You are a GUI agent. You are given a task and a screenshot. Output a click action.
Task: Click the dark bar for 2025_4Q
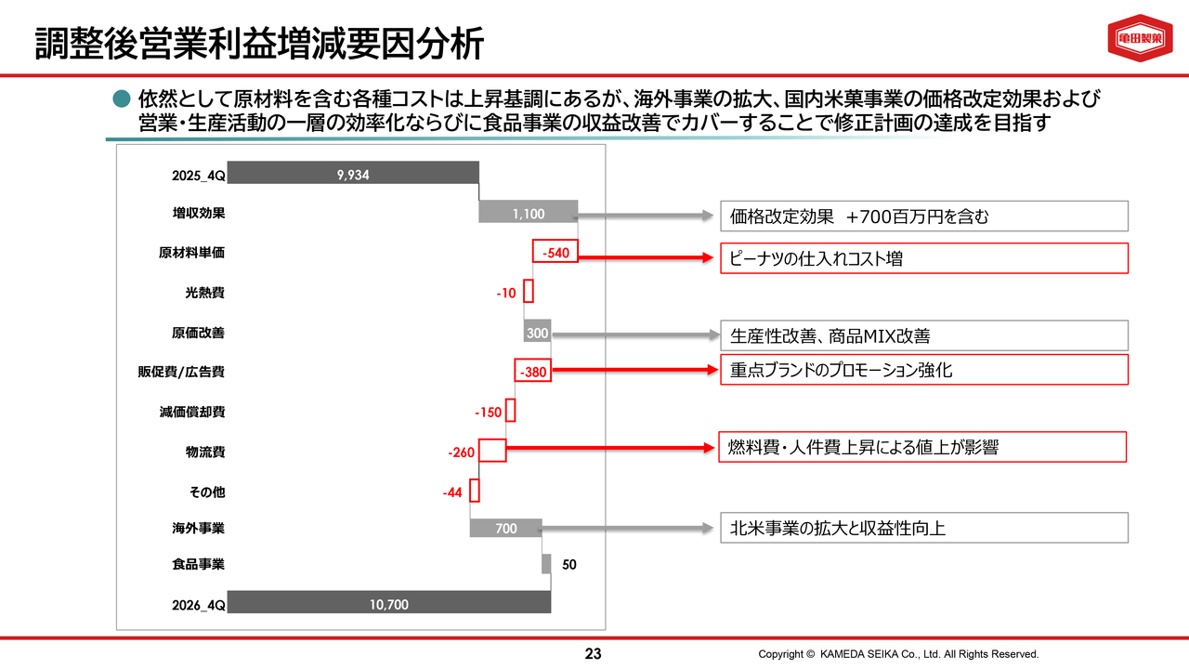coord(353,173)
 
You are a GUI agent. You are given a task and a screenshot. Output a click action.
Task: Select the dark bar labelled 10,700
coord(389,602)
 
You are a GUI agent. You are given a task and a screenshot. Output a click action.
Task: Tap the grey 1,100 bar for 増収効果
coord(529,211)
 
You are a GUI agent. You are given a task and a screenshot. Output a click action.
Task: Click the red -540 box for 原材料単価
coord(555,251)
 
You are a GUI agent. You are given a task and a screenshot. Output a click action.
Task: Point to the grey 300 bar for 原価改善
coord(537,331)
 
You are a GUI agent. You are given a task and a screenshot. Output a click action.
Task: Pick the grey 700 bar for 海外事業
coord(506,528)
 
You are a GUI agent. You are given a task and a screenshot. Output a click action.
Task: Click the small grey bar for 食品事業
coord(546,564)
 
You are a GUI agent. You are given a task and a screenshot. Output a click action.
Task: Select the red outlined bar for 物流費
coord(492,451)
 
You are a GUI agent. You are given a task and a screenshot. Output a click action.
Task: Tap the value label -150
coord(488,413)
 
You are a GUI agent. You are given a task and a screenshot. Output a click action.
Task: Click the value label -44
coord(452,492)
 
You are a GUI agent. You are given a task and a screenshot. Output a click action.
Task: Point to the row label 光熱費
coord(205,293)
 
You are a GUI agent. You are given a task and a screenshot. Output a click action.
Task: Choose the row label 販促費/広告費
coord(181,372)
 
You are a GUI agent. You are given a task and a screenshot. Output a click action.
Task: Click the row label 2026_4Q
coord(199,605)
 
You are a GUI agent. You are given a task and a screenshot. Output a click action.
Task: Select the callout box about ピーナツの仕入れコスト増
coord(924,258)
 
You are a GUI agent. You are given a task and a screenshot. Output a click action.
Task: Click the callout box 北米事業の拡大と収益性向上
coord(924,528)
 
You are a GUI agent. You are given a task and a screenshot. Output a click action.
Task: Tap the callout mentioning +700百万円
coord(924,216)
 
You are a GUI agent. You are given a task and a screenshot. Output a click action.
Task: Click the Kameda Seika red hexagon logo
coord(1140,38)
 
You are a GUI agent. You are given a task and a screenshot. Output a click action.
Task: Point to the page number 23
coord(593,653)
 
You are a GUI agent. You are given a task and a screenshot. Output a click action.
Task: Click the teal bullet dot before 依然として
coord(122,98)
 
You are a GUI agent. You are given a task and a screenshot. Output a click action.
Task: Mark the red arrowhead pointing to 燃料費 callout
coord(709,448)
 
